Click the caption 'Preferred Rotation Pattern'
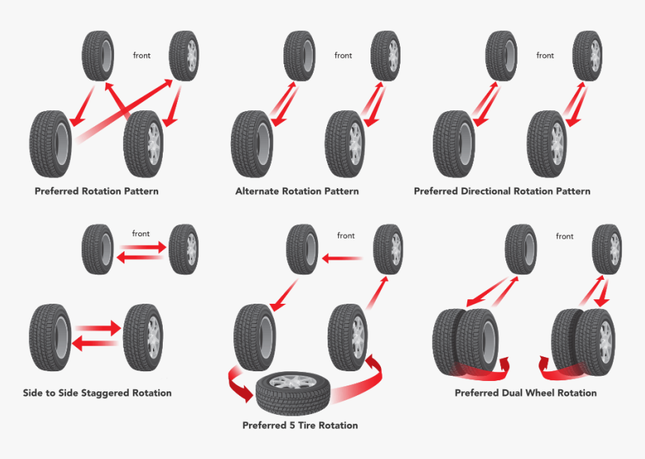click(x=96, y=191)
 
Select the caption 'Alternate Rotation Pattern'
click(x=297, y=191)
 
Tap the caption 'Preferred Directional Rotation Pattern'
click(x=502, y=191)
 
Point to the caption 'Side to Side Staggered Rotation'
click(x=97, y=393)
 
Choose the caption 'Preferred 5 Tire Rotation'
click(x=300, y=425)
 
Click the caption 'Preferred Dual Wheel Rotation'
click(x=526, y=393)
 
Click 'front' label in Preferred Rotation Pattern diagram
click(x=142, y=55)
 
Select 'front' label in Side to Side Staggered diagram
click(x=141, y=234)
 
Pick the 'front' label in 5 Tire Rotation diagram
click(x=346, y=235)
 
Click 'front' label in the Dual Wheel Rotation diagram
click(x=565, y=236)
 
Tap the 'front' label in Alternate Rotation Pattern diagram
click(x=343, y=55)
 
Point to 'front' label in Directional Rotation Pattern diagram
click(x=545, y=55)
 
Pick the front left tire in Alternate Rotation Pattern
click(x=299, y=55)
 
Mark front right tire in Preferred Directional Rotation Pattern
click(x=587, y=55)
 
